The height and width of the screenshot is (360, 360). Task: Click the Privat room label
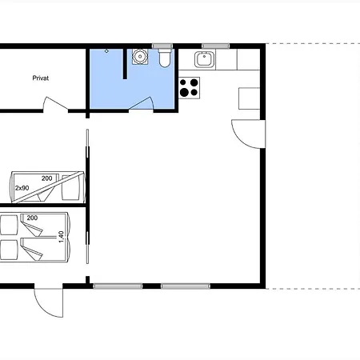pos(41,78)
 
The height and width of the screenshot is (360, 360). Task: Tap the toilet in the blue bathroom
pos(165,58)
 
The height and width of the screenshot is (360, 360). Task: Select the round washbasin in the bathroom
pos(140,57)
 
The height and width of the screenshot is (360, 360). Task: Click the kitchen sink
pos(205,59)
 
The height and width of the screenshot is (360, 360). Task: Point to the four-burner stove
pos(189,88)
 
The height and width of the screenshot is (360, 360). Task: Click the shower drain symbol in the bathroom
pos(106,50)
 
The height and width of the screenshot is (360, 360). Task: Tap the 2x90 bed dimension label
pos(22,188)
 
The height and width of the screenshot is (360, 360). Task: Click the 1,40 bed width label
pos(61,237)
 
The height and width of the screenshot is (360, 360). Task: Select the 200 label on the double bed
pos(32,218)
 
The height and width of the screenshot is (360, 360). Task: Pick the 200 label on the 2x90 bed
pos(47,178)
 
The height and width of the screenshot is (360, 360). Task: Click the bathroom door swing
pos(142,103)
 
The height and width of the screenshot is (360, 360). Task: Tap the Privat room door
pos(54,103)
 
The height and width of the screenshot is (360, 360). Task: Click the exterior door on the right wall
pos(249,134)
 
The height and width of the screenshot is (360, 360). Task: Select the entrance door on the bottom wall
pos(49,302)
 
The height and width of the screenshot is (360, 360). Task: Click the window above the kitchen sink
pos(215,46)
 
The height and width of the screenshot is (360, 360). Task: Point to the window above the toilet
pos(162,46)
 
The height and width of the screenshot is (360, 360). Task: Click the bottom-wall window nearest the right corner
pos(186,286)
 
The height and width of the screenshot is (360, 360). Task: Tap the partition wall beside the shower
pos(125,64)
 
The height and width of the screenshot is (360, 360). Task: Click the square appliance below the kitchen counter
pos(249,98)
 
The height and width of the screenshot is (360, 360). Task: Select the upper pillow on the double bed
pos(9,225)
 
